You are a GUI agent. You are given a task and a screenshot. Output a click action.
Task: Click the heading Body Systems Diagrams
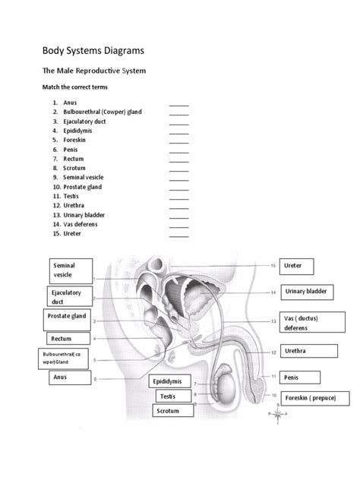[x=92, y=51]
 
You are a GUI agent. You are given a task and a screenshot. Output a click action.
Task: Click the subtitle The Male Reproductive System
[x=93, y=71]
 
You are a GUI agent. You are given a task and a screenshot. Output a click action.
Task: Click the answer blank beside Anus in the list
[x=178, y=103]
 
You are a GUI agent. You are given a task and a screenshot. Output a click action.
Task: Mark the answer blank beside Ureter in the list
[x=178, y=235]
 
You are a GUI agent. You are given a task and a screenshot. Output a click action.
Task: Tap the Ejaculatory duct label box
[x=71, y=297]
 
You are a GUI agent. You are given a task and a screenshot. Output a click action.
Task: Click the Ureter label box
[x=297, y=267]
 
